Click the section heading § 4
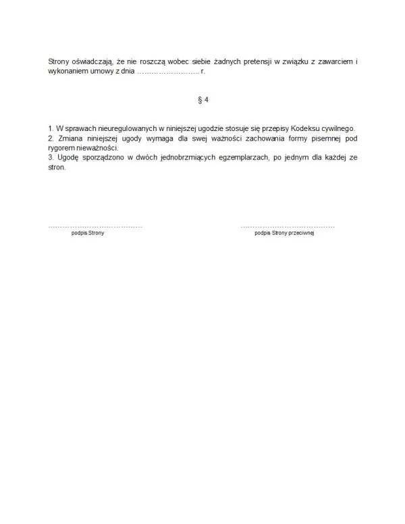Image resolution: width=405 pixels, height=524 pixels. (202, 100)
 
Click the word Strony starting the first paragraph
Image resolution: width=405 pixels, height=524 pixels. (59, 62)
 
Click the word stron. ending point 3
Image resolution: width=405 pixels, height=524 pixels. (57, 166)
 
